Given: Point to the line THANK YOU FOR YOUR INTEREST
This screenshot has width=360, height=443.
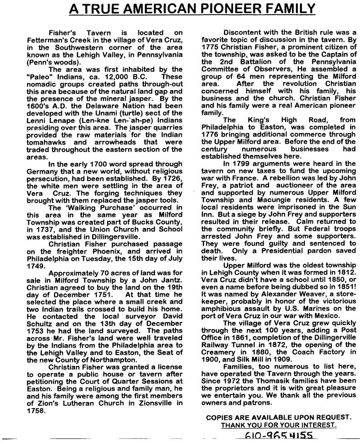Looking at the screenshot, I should [278, 425].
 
